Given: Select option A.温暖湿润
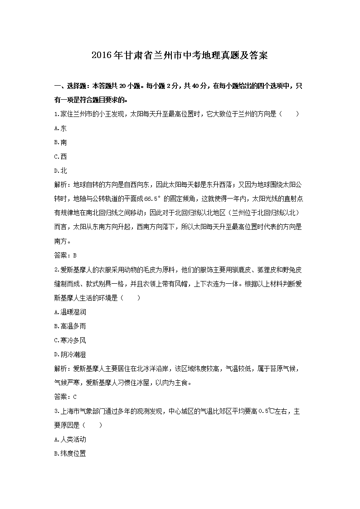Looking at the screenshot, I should click(70, 312).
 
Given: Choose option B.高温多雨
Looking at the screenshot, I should click(70, 326).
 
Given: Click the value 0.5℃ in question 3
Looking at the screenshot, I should click(267, 411).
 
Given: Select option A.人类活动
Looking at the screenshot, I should click(70, 439).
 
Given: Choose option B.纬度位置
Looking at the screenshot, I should click(70, 453).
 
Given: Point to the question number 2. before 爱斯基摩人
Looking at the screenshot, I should click(56, 270).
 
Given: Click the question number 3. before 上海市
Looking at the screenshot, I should click(56, 411).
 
